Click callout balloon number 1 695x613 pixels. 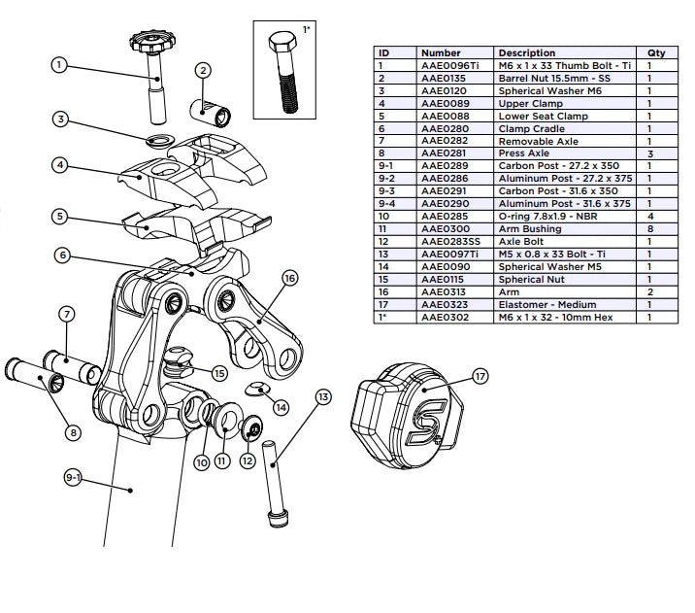point(58,66)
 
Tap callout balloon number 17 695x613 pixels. point(480,376)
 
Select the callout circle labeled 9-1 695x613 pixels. point(75,477)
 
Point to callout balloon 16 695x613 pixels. point(288,278)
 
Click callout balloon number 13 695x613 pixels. point(323,396)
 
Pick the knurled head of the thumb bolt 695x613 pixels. point(153,44)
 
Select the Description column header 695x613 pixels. point(526,52)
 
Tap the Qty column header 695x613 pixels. point(656,52)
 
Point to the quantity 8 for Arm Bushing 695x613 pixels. point(656,228)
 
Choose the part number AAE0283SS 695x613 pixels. point(453,241)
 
